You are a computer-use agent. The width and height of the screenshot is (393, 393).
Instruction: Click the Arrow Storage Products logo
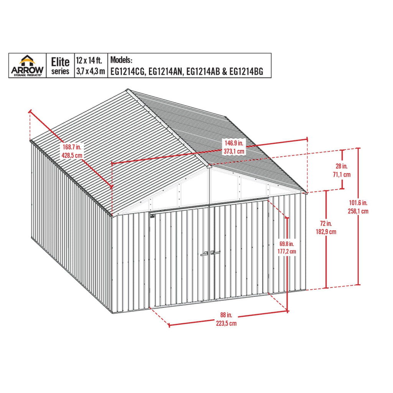(x=27, y=65)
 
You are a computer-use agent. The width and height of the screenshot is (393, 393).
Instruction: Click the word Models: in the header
(x=121, y=60)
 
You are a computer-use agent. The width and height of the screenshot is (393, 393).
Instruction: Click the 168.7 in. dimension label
(x=72, y=147)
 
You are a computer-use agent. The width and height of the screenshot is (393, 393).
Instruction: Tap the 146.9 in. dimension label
(x=234, y=144)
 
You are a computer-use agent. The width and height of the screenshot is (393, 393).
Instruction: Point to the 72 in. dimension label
(x=326, y=223)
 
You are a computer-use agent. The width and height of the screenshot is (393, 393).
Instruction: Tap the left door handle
(x=204, y=253)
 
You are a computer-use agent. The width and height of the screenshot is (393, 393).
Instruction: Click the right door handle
(x=215, y=253)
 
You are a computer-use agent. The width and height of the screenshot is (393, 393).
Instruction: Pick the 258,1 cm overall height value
(x=359, y=211)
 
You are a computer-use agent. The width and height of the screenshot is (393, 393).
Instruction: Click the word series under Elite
(x=60, y=71)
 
